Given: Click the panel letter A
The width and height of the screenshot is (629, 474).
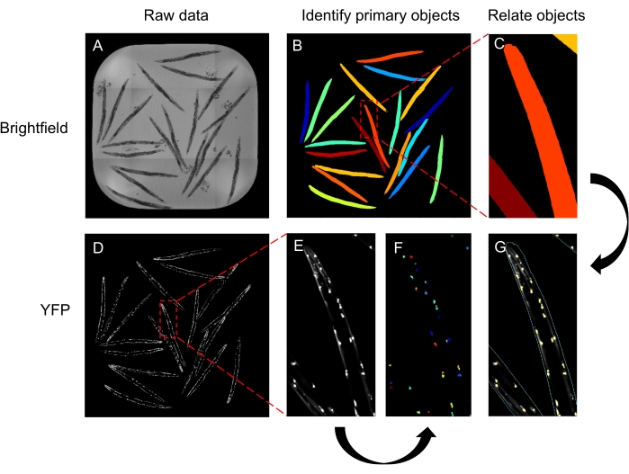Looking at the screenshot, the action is pyautogui.click(x=97, y=48).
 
